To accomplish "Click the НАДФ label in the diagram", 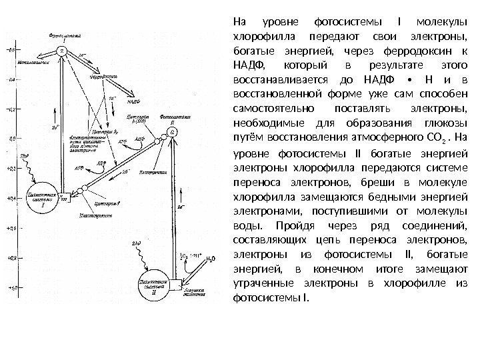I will [x=133, y=102].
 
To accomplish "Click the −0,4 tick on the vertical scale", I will [x=11, y=79].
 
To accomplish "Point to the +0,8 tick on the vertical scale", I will [x=11, y=256].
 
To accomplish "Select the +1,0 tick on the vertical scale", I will [x=11, y=287].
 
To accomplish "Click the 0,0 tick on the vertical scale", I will [x=11, y=139].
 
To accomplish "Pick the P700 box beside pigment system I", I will [x=63, y=198].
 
